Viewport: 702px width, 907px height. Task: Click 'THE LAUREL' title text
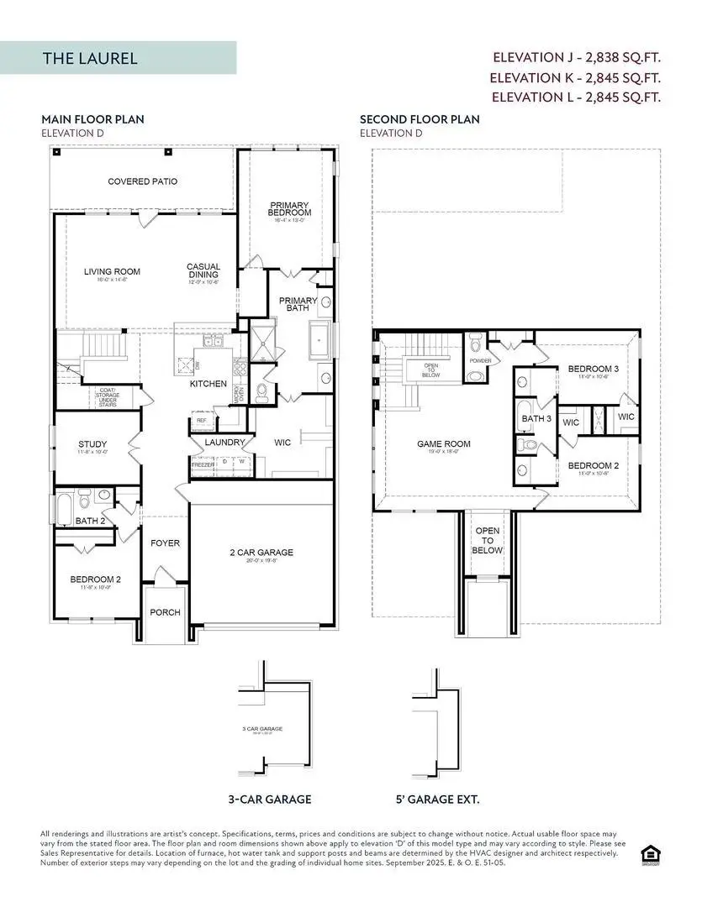click(90, 59)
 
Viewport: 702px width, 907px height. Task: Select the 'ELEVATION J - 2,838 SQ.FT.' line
click(576, 58)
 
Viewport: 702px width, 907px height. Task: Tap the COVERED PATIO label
click(142, 181)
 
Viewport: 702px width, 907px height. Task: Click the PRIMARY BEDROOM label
click(289, 209)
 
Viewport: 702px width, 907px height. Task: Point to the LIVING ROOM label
click(112, 271)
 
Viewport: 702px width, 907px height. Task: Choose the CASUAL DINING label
click(203, 271)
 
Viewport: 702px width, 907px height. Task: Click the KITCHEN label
click(208, 384)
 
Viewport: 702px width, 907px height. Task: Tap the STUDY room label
click(92, 444)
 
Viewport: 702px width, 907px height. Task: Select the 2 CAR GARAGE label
click(262, 553)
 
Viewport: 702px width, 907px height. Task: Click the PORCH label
click(165, 612)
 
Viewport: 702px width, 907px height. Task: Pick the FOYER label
click(165, 543)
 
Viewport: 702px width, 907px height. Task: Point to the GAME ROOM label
click(444, 444)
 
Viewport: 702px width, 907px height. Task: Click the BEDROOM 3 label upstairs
click(593, 369)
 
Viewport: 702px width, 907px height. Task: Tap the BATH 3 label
click(536, 418)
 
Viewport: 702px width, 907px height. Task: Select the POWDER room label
click(480, 361)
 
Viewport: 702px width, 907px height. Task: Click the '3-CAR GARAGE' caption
click(269, 800)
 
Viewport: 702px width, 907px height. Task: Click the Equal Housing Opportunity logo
click(649, 855)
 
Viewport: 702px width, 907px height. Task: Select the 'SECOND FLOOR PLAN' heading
click(420, 119)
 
